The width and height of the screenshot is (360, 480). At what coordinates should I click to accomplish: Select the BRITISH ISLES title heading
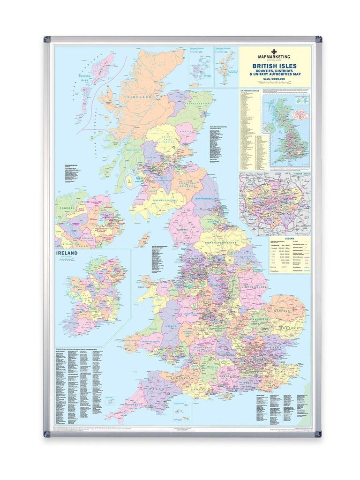point(274,66)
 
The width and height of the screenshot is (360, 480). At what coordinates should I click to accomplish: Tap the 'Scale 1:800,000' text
point(274,81)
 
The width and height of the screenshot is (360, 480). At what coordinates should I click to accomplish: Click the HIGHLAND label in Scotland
point(137,96)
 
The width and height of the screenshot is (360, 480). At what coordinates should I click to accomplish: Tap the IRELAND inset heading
point(67,254)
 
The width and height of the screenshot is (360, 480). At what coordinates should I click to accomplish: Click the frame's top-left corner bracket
point(47,38)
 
